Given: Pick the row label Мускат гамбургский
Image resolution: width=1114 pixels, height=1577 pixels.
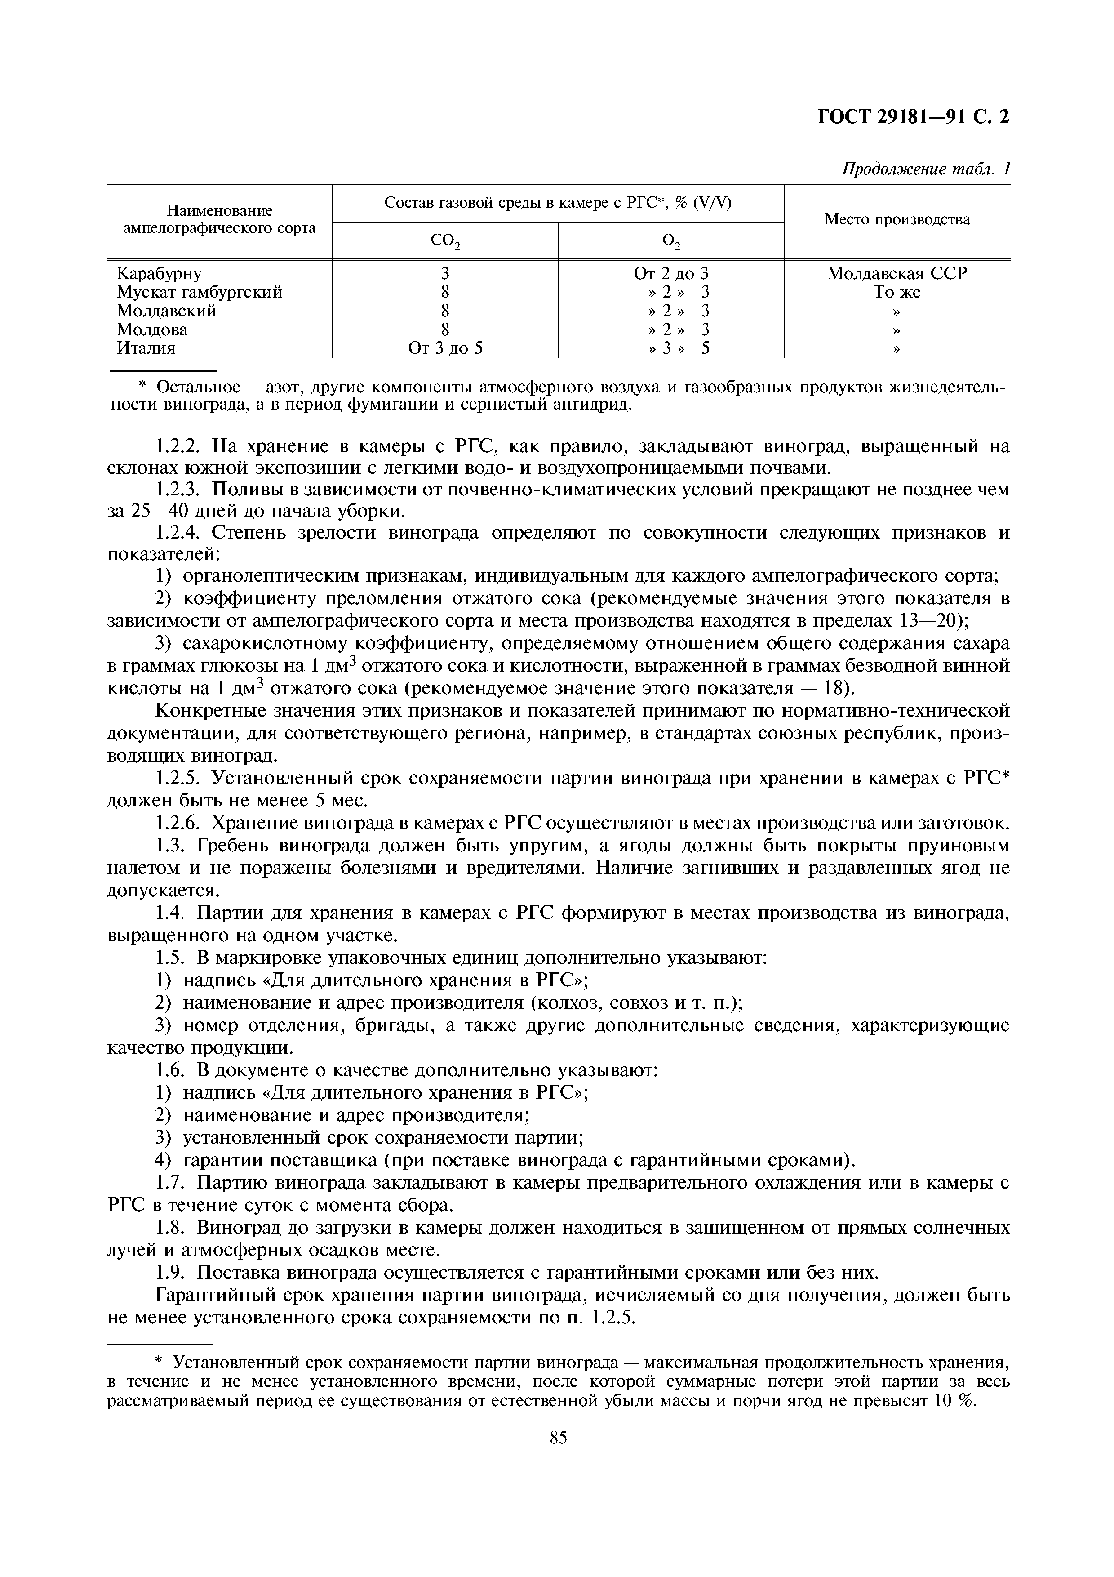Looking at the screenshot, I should [199, 292].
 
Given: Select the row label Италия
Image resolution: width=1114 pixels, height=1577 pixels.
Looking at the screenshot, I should [146, 348].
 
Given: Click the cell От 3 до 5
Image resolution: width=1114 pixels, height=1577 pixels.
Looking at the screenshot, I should [445, 348].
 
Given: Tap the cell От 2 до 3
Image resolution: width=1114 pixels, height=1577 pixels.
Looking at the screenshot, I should [671, 273].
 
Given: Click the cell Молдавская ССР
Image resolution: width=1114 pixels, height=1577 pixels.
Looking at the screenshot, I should [897, 273].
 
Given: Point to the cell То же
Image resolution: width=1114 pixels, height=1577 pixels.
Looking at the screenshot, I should [897, 292].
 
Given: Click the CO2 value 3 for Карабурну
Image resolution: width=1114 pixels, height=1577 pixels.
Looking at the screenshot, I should [445, 273].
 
